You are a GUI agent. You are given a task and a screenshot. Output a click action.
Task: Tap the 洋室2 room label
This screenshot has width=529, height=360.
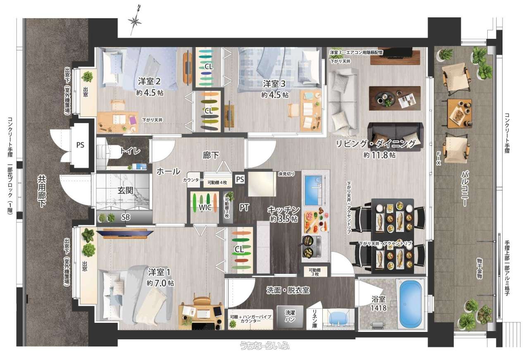[149, 82]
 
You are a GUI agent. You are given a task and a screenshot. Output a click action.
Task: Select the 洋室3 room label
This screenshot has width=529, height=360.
[274, 84]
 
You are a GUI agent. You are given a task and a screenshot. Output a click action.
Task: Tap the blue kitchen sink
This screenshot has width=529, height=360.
[313, 190]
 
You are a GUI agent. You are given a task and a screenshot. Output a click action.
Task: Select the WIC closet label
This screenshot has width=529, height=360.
[205, 207]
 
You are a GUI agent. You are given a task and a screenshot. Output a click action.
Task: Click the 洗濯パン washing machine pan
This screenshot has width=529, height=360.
[290, 317]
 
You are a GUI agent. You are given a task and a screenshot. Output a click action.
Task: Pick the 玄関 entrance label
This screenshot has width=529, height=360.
[125, 191]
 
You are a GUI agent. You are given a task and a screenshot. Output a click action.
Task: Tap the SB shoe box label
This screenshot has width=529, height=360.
[126, 217]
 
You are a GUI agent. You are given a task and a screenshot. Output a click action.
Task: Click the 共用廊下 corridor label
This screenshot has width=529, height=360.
[42, 191]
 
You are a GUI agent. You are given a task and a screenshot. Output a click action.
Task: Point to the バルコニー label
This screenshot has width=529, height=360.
[465, 189]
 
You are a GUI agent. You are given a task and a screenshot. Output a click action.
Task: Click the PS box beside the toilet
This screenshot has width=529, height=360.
[80, 145]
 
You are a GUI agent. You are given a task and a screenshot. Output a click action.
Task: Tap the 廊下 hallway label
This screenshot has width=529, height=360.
[211, 155]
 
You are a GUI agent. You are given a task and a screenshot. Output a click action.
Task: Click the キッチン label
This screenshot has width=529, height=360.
[284, 210]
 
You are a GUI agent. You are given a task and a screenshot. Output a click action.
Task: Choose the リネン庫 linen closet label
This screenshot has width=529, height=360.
[315, 318]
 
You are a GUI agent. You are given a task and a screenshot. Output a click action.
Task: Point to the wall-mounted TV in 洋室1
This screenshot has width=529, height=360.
[125, 233]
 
